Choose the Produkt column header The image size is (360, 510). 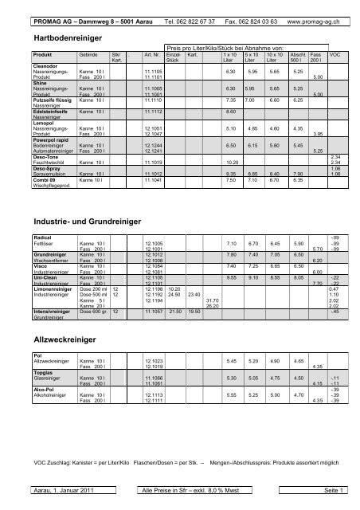[x=42, y=55]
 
